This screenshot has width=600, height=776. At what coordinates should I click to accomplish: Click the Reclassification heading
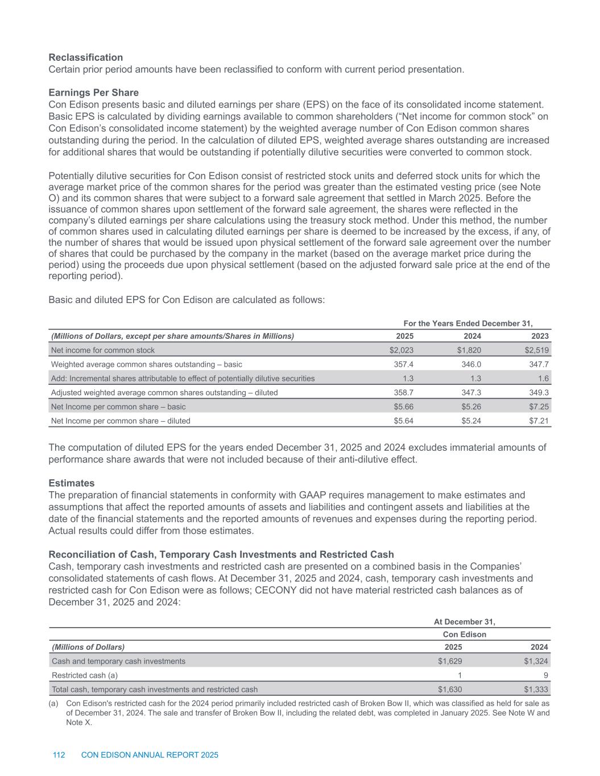85,57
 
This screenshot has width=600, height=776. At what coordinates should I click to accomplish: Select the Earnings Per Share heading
93,93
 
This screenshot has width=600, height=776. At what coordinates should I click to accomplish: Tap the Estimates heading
71,483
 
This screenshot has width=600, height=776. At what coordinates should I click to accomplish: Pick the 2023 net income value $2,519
537,350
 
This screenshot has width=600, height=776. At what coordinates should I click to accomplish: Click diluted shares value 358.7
404,392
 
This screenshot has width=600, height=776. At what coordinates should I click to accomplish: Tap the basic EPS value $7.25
539,407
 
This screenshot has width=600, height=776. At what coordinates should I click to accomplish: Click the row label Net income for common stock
103,350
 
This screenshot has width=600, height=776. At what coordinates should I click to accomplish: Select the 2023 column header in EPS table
540,336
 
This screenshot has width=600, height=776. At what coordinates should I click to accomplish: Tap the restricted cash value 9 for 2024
545,675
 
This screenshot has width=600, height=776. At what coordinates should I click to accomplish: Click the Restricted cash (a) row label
85,675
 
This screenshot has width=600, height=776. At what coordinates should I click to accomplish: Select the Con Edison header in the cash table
464,634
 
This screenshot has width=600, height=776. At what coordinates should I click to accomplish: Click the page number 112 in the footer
59,755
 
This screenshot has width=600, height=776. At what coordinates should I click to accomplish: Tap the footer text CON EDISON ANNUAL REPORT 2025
150,755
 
